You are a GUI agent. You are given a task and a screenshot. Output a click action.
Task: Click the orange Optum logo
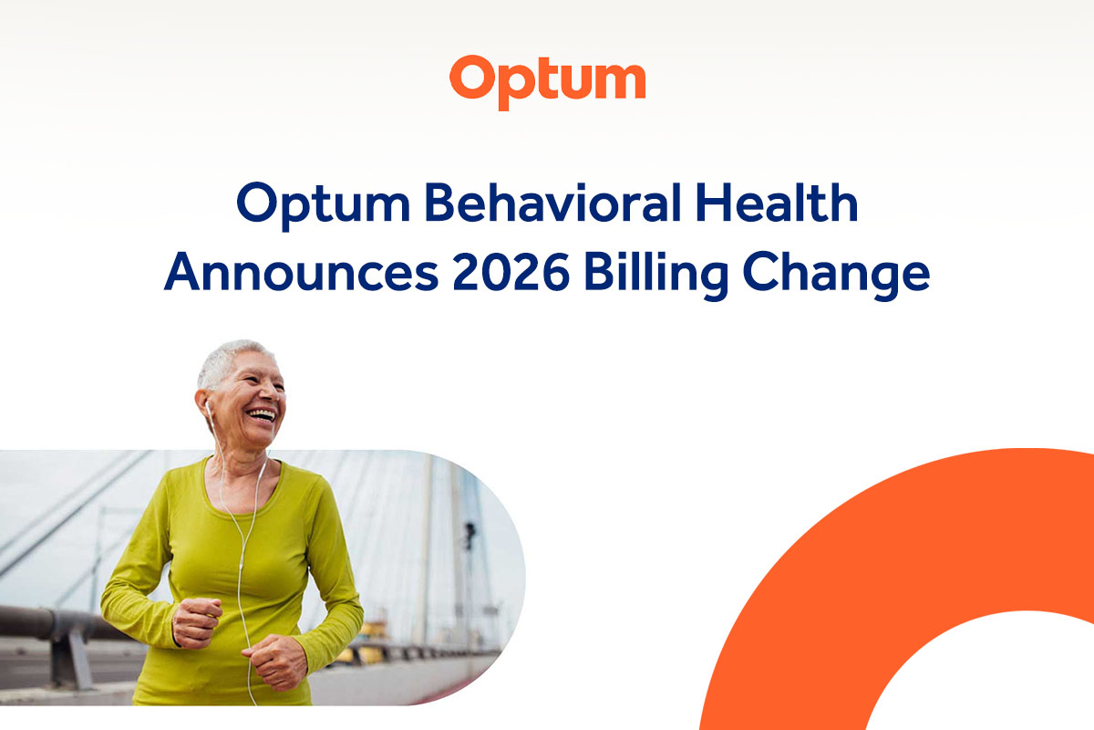coord(547,79)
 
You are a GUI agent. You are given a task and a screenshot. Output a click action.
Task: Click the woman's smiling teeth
coord(262,416)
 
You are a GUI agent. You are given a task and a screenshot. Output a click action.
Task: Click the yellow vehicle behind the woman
coord(373,630)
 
